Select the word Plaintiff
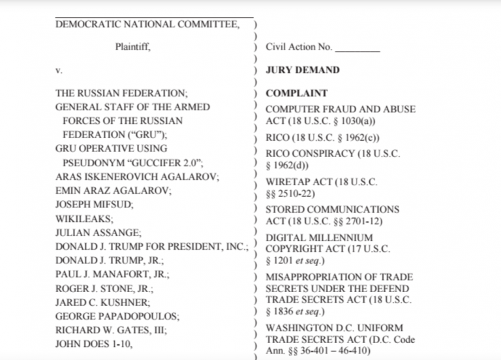pos(133,47)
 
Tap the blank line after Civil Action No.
pos(357,47)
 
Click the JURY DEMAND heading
pos(303,70)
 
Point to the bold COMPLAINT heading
pos(297,93)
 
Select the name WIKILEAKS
pos(84,218)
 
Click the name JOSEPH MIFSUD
pos(95,204)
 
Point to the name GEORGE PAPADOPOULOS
pos(117,316)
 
